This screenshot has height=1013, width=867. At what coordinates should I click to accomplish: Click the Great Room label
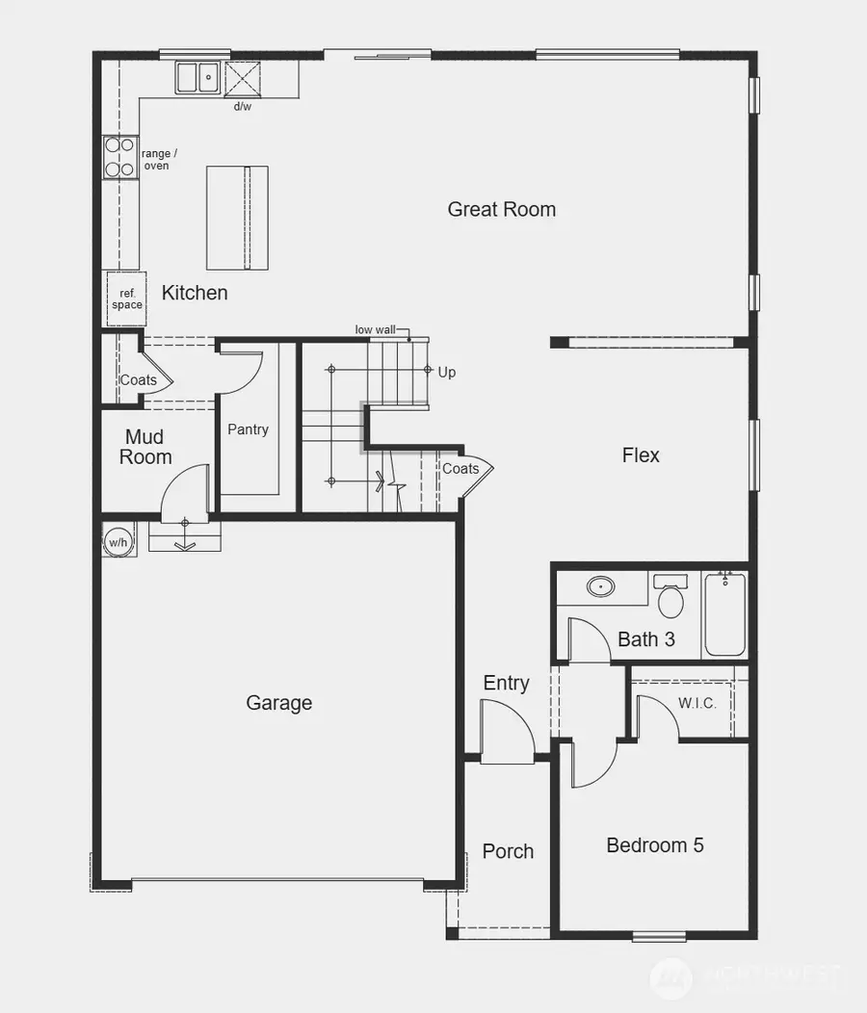pos(501,209)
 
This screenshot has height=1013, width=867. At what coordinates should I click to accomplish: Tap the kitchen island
pos(237,218)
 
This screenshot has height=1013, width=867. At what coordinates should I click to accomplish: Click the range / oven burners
pos(120,157)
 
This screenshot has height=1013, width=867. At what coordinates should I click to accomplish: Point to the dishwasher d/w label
pos(243,106)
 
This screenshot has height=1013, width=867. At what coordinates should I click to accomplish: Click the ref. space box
pos(126,299)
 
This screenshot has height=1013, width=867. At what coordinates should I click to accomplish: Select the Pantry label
pos(248,429)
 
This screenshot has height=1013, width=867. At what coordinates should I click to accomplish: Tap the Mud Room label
pos(145,448)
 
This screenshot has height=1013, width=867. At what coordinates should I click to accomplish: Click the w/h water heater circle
pos(118,542)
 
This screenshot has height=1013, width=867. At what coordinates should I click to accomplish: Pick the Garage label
pos(278,703)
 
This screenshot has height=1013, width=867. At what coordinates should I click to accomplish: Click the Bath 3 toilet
pos(670,600)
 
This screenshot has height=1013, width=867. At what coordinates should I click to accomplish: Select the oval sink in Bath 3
pos(602,585)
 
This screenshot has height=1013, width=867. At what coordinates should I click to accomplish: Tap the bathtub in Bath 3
pos(724,612)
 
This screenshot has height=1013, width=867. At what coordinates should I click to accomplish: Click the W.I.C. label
pos(696,704)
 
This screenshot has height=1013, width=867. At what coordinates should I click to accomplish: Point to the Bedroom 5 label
pos(655,845)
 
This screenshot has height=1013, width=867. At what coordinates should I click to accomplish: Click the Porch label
pos(508,851)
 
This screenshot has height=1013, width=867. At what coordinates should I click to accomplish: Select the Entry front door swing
pos(506,732)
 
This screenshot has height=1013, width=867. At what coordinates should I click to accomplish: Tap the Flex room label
pos(641,455)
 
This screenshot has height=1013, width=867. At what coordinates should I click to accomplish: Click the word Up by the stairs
pos(447,373)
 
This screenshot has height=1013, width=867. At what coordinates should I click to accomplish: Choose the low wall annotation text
pos(375,329)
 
